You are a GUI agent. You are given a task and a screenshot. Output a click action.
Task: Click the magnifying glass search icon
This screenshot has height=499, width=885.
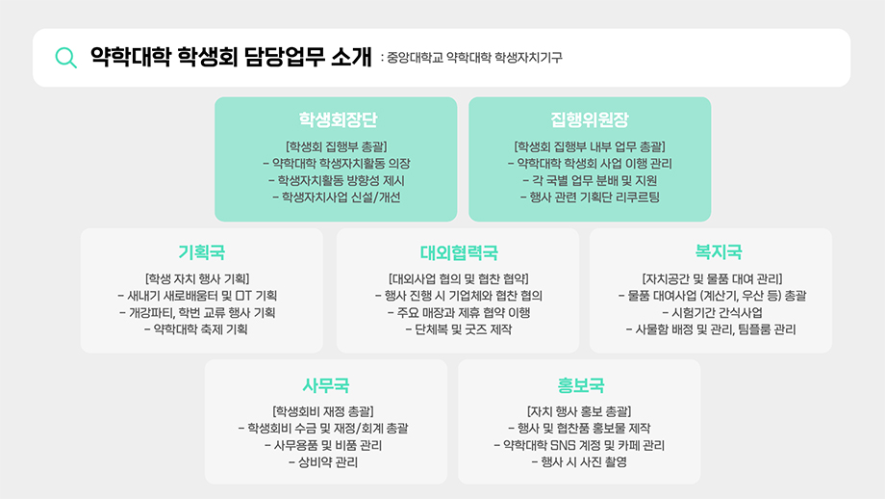coord(65,58)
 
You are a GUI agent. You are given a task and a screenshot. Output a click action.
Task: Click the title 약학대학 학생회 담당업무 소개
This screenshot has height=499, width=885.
coord(229,58)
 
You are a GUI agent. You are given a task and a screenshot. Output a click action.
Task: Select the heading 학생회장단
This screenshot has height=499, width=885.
coord(337,120)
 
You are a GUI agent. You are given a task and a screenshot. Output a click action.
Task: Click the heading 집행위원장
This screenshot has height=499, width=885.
coord(590,120)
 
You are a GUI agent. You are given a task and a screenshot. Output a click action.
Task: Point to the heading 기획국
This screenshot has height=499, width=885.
coord(201,252)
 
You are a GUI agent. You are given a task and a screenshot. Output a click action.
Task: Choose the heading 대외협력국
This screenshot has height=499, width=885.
coord(458,252)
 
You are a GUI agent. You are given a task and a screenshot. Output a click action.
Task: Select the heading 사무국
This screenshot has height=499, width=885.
coord(325,385)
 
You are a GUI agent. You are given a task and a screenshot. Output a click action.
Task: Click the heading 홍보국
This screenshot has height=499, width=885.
coord(581,385)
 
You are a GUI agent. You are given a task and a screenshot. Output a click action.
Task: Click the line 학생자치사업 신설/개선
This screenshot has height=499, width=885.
coord(337,198)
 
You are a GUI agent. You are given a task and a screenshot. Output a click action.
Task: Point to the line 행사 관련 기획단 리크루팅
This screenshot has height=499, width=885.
coord(590,198)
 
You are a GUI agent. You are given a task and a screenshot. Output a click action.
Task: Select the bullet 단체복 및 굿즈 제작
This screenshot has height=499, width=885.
coord(459,330)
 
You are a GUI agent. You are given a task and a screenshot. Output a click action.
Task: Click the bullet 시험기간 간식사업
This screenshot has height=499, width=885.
coord(711,313)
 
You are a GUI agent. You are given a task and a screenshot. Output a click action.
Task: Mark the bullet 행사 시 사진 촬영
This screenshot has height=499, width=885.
coord(579,463)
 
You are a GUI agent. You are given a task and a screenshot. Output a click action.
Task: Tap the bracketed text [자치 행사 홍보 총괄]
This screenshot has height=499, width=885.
coord(579,411)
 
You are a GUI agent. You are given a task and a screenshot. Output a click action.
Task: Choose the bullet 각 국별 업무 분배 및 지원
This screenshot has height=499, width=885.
coord(590,181)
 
